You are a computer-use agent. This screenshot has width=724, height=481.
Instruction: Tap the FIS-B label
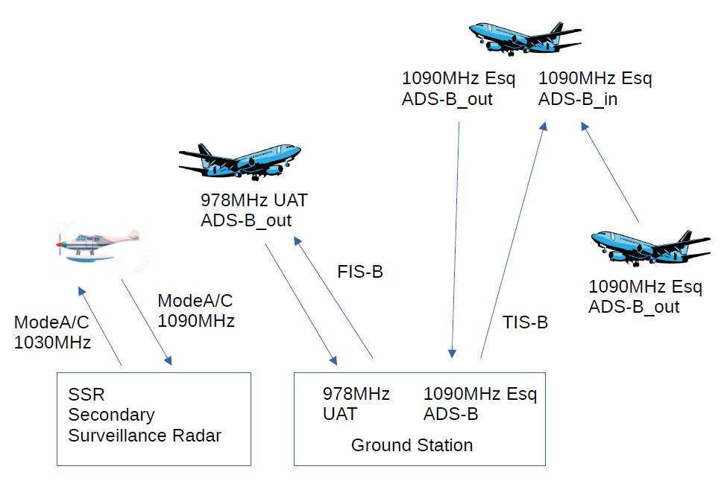pyautogui.click(x=360, y=273)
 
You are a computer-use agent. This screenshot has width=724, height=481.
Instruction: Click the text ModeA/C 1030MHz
pyautogui.click(x=52, y=333)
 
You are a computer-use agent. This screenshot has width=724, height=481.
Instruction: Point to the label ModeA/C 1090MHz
pyautogui.click(x=196, y=311)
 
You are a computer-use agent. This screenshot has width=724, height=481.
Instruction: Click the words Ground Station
pyautogui.click(x=412, y=445)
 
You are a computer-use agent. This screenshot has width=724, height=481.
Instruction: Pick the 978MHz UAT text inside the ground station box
pyautogui.click(x=356, y=404)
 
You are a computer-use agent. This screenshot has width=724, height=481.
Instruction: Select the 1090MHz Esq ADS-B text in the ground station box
pyautogui.click(x=479, y=404)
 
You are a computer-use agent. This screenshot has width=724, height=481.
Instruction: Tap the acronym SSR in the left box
pyautogui.click(x=83, y=394)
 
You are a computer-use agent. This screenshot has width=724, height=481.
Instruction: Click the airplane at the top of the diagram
pyautogui.click(x=525, y=36)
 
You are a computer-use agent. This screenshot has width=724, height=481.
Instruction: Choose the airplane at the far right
pyautogui.click(x=648, y=246)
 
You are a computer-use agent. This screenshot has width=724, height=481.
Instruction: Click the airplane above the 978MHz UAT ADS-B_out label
pyautogui.click(x=239, y=160)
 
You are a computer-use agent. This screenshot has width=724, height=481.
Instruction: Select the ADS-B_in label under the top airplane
pyautogui.click(x=578, y=99)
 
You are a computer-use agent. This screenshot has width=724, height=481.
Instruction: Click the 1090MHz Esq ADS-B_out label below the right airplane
pyautogui.click(x=645, y=296)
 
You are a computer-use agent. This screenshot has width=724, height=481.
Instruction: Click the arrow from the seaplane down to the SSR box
pyautogui.click(x=146, y=322)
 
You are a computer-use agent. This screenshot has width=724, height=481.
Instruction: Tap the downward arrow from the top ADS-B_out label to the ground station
pyautogui.click(x=455, y=238)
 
